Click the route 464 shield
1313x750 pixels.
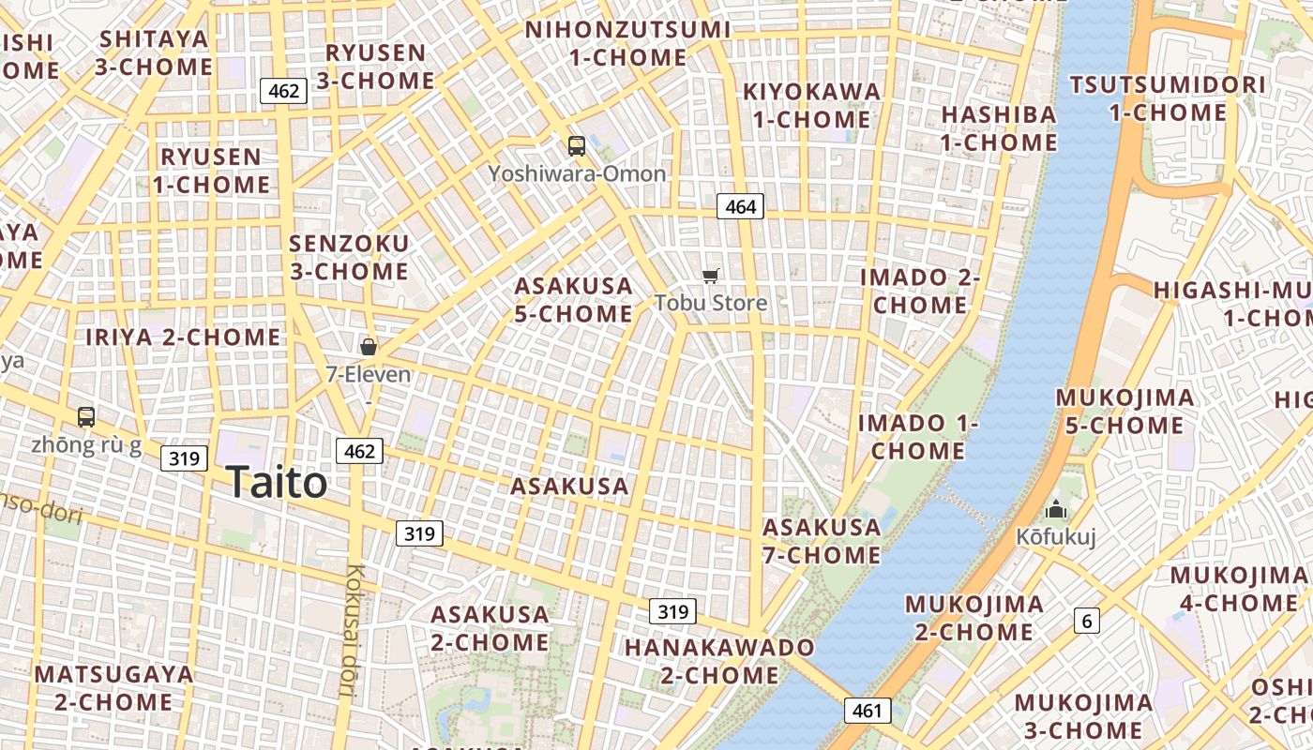(740, 206)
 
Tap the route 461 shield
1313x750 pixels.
(867, 711)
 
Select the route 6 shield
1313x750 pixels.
(1087, 620)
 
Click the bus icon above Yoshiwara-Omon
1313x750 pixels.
(576, 146)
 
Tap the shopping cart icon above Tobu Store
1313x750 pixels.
(711, 276)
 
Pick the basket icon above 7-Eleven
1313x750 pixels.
(369, 347)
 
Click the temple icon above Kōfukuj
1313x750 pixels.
(1056, 510)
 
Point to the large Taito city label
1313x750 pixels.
(277, 482)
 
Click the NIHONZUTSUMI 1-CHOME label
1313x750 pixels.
(627, 43)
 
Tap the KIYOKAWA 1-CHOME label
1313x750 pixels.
(812, 105)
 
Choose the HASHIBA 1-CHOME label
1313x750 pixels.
(999, 128)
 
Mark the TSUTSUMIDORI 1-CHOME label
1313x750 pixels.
(1168, 98)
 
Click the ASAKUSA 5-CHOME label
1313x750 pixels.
(574, 299)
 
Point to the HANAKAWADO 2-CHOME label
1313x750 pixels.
(719, 661)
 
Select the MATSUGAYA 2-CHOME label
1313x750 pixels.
(113, 687)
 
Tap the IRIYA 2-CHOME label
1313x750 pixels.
(183, 337)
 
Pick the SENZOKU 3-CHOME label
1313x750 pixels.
(349, 257)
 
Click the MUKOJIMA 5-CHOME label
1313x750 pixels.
(1125, 411)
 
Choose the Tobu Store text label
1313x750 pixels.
(711, 303)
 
